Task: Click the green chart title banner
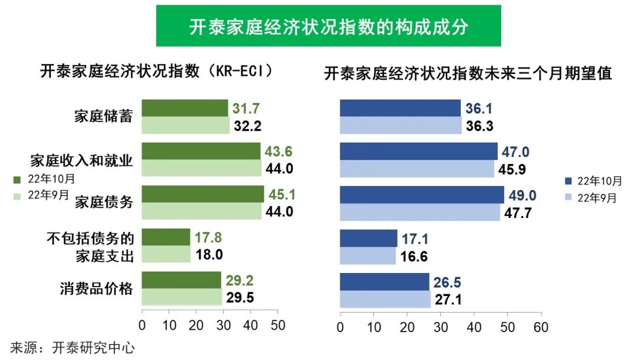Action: pos(328,26)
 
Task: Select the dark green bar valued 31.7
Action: pos(185,108)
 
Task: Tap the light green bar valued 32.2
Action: pos(185,126)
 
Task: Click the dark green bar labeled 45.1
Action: pos(203,194)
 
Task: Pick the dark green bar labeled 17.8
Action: pos(166,237)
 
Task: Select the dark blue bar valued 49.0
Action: pos(422,195)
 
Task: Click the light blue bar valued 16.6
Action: pos(367,256)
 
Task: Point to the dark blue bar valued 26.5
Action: pos(385,281)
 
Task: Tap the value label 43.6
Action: pos(279,151)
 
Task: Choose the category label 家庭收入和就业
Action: pos(82,160)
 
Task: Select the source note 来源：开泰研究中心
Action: pos(72,348)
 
